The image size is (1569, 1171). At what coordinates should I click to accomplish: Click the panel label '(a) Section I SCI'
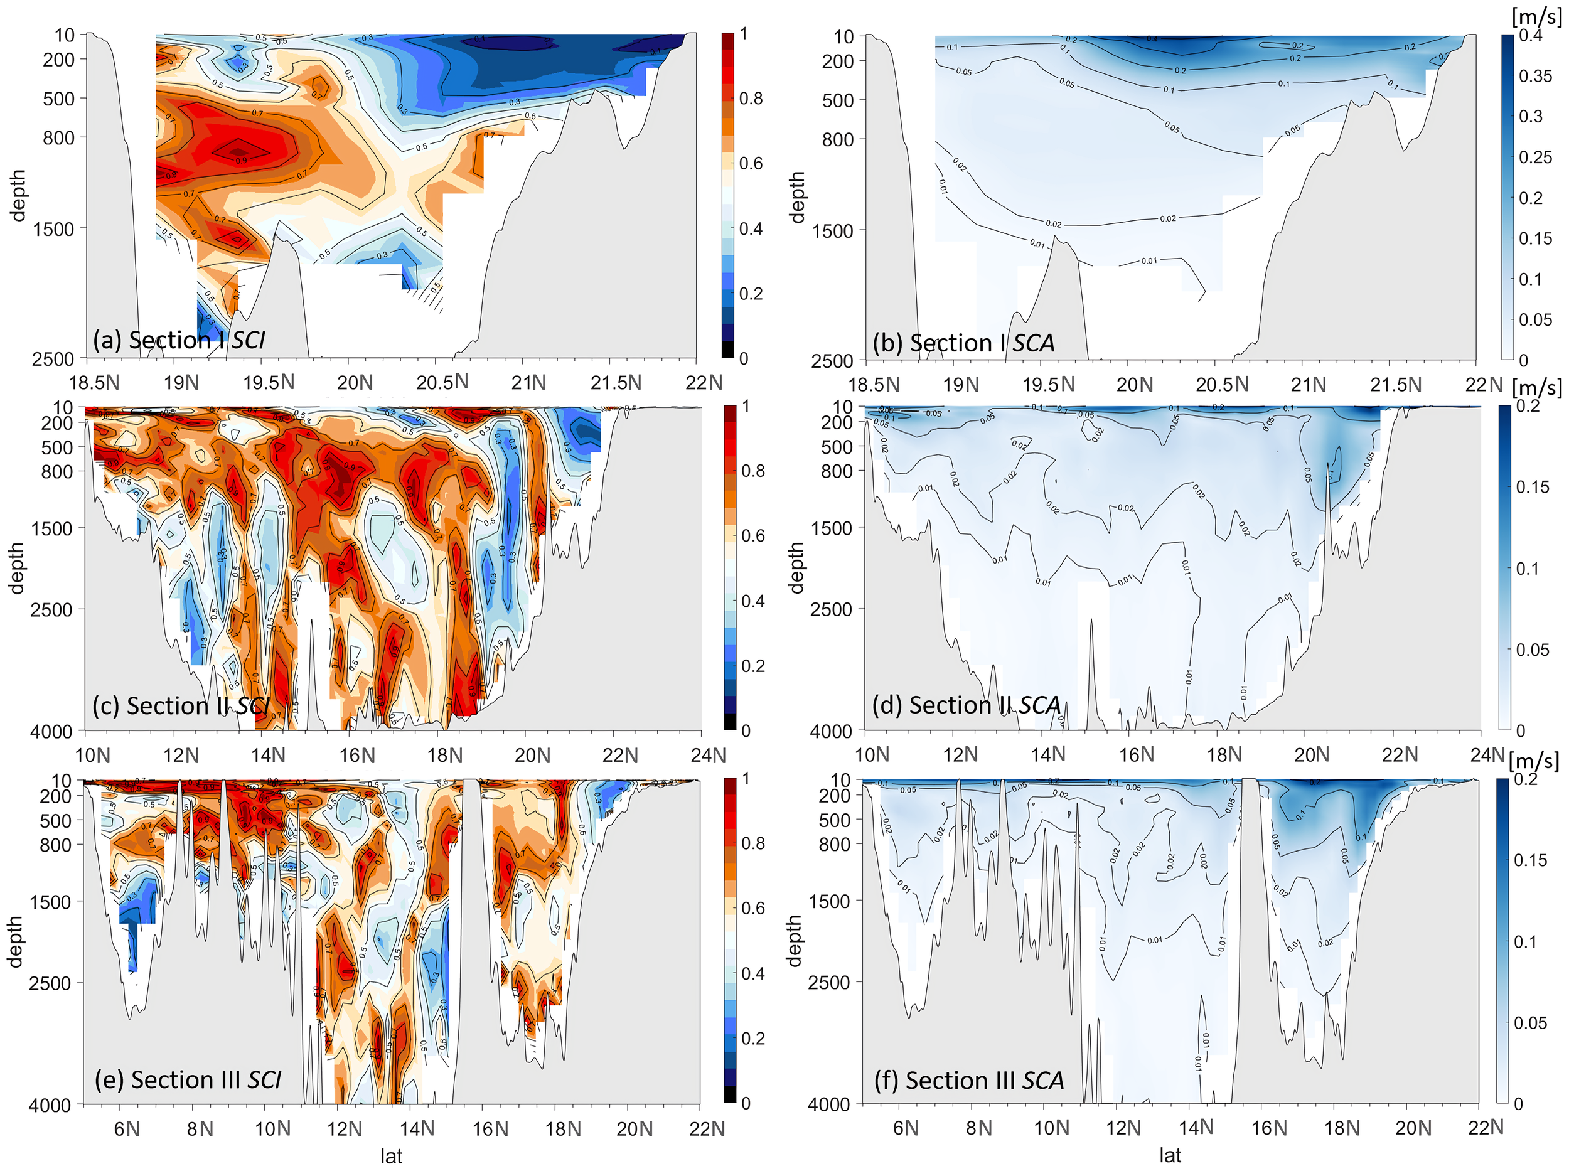coord(179,340)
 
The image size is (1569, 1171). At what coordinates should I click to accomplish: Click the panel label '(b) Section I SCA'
coord(963,343)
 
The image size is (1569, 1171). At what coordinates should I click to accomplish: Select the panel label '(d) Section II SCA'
coord(967,705)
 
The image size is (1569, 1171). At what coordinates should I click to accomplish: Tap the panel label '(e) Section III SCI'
coord(187,1079)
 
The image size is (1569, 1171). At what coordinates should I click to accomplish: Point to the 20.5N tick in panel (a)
coord(442,382)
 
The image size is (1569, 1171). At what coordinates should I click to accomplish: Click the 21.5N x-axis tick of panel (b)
coord(1395,384)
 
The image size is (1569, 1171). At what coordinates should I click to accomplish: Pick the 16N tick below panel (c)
coord(356,755)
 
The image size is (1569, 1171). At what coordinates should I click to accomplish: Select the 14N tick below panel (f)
coord(1196,1127)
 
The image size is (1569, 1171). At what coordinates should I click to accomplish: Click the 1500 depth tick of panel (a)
coord(53,229)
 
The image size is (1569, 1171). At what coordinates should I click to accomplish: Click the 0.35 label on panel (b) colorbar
coord(1535,76)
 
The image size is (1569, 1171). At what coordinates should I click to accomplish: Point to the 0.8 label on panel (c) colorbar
coord(752,471)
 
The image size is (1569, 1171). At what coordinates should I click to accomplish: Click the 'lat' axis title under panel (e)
coord(390,1156)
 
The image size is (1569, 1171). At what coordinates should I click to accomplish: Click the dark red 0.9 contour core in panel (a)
coord(239,151)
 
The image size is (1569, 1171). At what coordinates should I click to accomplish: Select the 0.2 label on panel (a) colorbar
coord(751,294)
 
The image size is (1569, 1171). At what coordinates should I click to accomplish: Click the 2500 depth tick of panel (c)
coord(51,609)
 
